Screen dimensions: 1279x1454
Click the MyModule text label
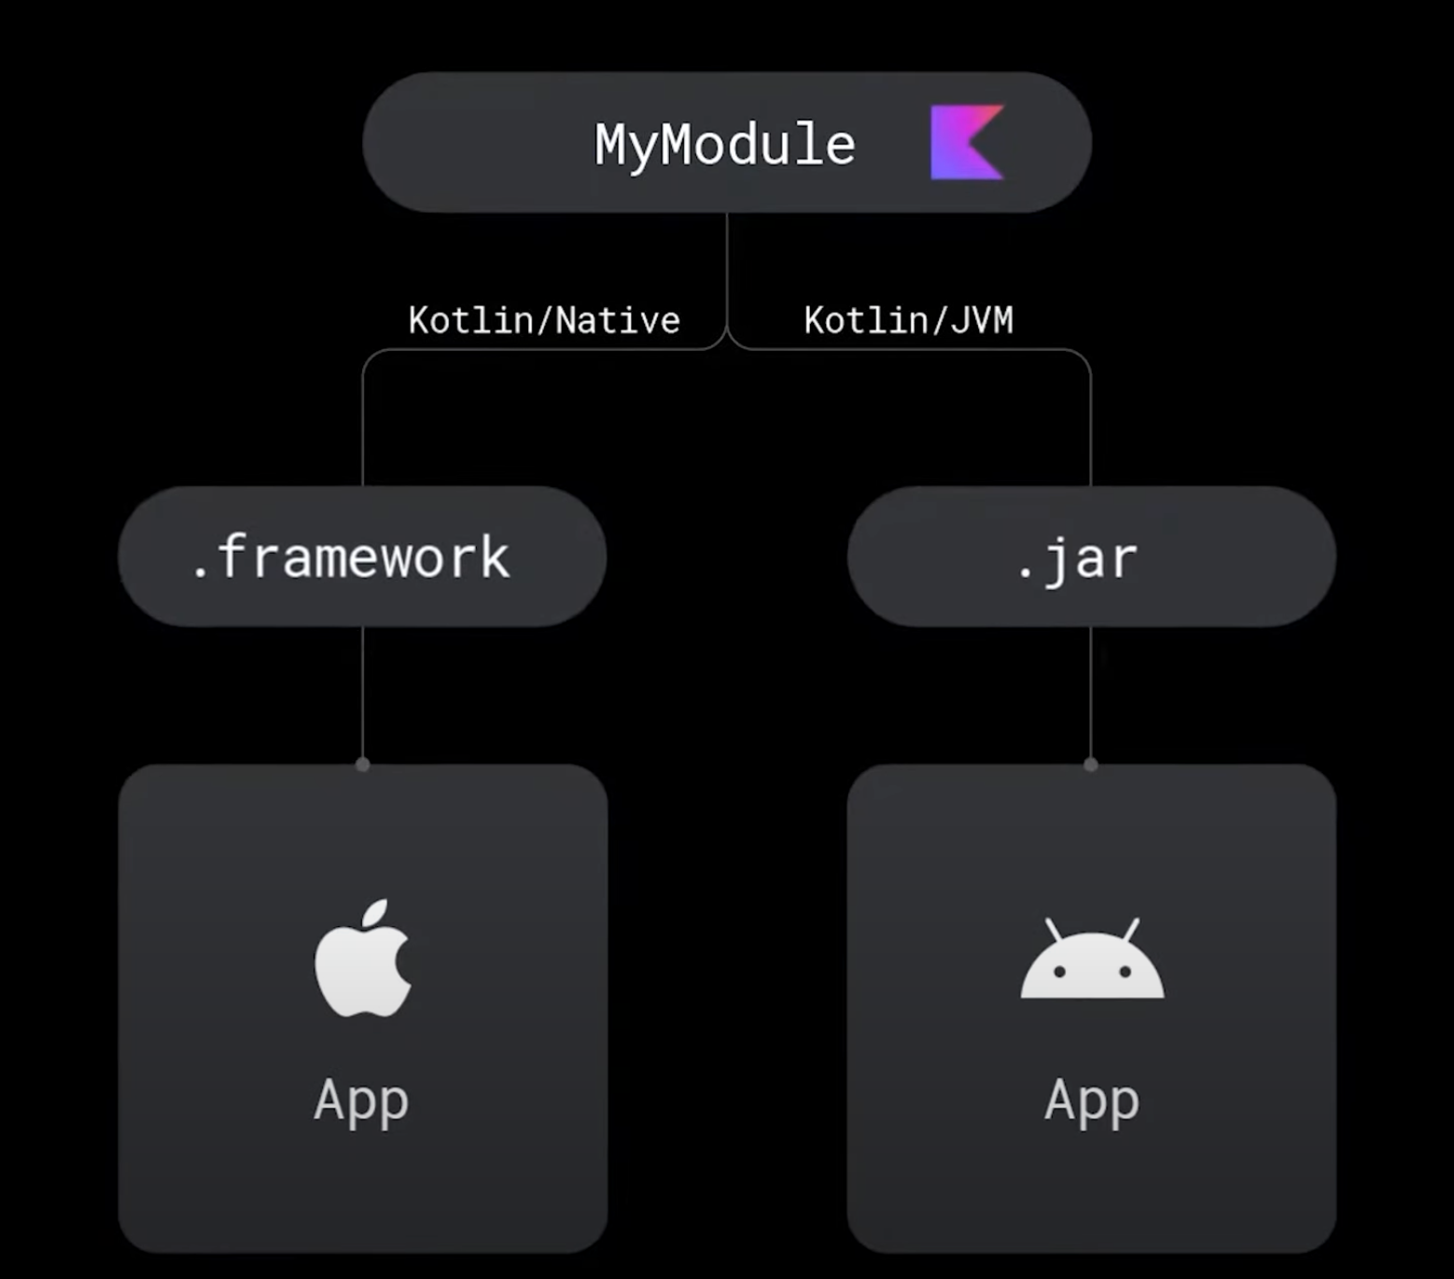point(725,145)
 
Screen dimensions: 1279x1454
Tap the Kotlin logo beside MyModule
point(967,142)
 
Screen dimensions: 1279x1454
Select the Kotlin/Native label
point(544,320)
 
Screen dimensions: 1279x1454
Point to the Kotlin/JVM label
point(908,320)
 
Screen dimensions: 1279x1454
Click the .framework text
point(351,557)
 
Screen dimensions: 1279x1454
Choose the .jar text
point(1077,559)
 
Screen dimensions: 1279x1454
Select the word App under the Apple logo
point(361,1100)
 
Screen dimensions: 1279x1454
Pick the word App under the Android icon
point(1092,1100)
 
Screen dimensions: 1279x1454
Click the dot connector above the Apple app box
point(363,765)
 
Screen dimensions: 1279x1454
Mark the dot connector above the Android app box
point(1091,765)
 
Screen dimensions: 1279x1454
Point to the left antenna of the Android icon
point(1054,930)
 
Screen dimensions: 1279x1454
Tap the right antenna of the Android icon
point(1131,930)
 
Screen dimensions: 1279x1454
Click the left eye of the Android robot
point(1059,972)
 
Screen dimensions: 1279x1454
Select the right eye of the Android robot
point(1125,972)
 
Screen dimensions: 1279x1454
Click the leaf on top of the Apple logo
point(376,912)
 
